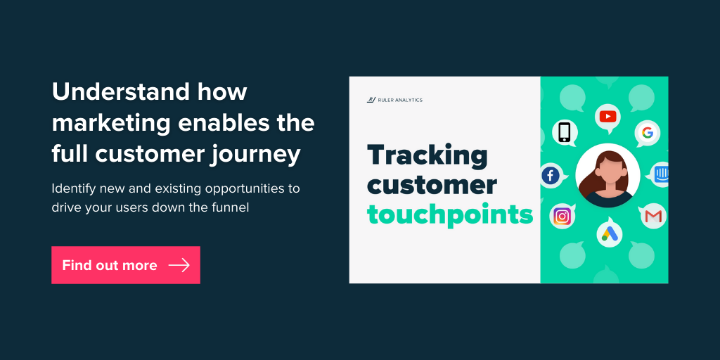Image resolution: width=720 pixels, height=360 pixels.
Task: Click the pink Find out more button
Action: tap(126, 265)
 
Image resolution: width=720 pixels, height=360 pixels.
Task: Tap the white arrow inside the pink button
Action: tap(179, 265)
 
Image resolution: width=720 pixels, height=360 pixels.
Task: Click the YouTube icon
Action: tap(607, 117)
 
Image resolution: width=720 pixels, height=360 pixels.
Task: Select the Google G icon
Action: tap(648, 133)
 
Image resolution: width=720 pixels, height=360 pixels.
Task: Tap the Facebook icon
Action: tap(550, 176)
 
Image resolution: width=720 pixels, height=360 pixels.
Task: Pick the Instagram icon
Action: tap(562, 216)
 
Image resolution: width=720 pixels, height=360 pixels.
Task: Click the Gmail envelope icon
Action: tap(653, 216)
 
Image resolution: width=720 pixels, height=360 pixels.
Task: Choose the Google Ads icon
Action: tap(609, 234)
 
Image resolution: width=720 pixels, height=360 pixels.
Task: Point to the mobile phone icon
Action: tap(565, 132)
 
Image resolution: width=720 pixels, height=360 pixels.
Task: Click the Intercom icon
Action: tap(662, 174)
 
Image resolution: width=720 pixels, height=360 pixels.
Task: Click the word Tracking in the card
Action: tap(427, 155)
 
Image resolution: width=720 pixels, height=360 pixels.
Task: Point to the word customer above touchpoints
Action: tap(432, 185)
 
